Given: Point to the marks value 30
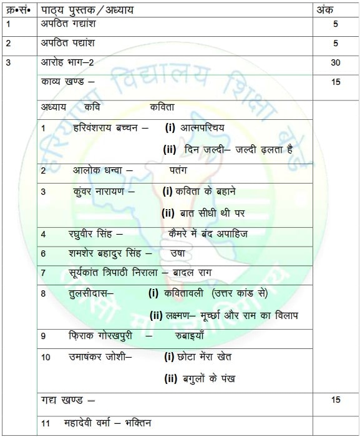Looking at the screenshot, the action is pos(336,63).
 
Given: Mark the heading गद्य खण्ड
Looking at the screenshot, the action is pos(65,400).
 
